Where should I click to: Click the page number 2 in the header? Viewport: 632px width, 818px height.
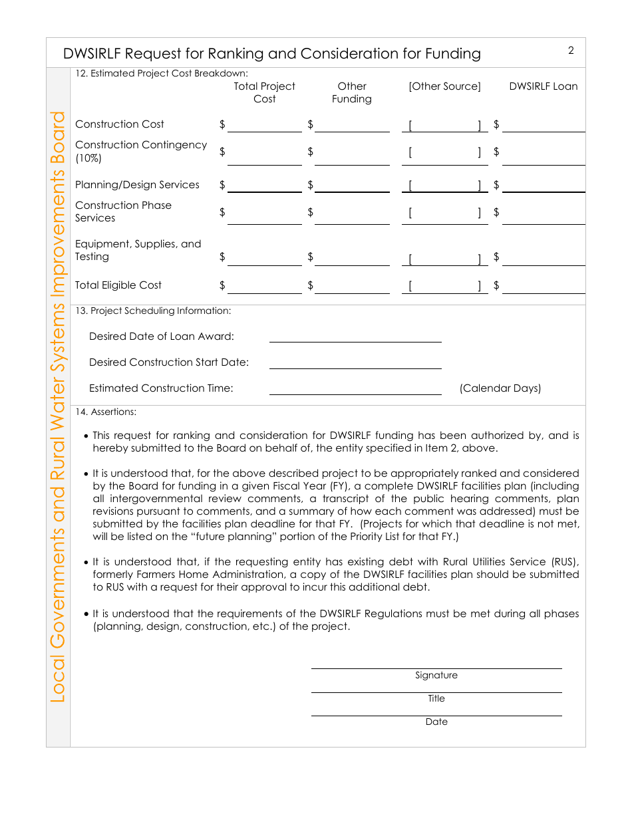pos(571,51)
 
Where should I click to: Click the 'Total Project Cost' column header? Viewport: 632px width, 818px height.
pos(264,92)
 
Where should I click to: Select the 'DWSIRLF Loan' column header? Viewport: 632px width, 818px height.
pos(544,86)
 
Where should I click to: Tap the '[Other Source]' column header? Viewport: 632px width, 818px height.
pos(444,86)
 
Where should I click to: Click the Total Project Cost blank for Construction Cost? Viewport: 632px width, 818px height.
pos(264,126)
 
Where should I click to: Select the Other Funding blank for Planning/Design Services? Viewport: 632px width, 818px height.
pos(352,186)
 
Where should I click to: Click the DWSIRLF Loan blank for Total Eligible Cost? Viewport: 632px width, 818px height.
pos(544,287)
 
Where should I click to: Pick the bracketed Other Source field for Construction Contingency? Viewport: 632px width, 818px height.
pos(444,153)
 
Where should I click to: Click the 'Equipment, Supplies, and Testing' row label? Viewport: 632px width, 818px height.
pos(138,250)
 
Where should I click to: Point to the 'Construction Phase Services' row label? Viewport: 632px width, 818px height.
pos(123,211)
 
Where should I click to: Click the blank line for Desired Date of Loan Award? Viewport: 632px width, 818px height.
pos(355,337)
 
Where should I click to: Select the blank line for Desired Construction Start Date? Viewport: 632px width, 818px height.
pos(355,362)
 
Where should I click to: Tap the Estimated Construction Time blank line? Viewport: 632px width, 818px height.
pos(355,388)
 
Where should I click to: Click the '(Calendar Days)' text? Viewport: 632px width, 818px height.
pos(500,388)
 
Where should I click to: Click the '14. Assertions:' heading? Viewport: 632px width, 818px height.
pos(106,412)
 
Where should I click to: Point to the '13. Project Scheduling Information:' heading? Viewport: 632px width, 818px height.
pos(153,311)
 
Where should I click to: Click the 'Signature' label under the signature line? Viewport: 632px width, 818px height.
pos(436,676)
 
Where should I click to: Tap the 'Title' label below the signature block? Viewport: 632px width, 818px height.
pos(436,699)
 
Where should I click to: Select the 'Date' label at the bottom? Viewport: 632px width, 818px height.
pos(436,722)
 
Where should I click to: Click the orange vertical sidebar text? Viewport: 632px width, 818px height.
pos(59,406)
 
